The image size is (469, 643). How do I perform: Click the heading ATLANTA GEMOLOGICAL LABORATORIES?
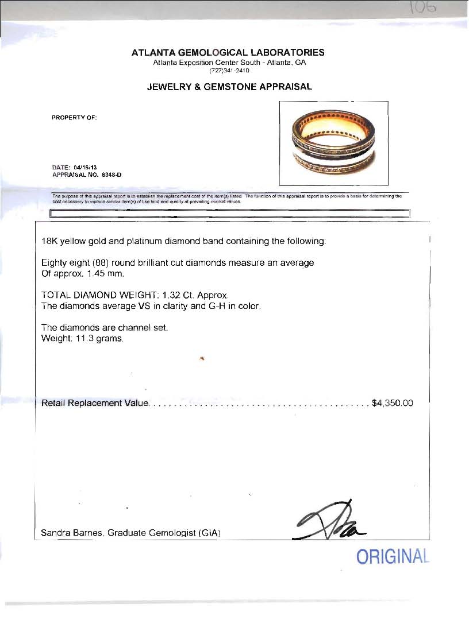click(228, 52)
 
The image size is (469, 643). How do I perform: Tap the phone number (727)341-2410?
click(228, 71)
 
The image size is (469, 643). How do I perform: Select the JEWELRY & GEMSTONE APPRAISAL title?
click(229, 87)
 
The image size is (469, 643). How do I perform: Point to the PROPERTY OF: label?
click(75, 118)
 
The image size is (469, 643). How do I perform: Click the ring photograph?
click(333, 143)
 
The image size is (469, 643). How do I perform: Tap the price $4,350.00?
click(393, 403)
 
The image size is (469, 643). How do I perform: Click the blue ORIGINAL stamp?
click(393, 557)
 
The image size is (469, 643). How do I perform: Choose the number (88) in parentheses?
click(98, 262)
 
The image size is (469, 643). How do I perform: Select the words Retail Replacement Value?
click(95, 403)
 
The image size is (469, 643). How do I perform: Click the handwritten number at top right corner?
click(424, 9)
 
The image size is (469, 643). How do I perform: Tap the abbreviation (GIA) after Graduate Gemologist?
click(209, 533)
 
